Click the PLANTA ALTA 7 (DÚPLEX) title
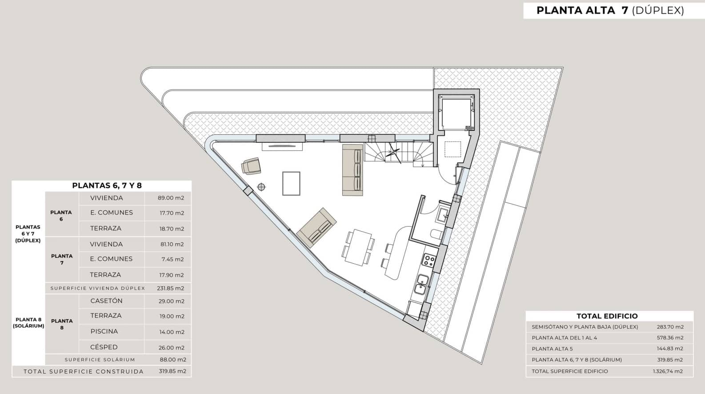[610, 10]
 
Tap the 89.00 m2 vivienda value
[171, 198]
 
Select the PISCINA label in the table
[104, 331]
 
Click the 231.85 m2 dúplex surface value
[171, 288]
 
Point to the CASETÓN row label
[106, 301]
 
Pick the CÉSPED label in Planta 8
[104, 347]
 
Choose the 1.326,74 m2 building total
[668, 371]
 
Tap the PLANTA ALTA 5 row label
[553, 349]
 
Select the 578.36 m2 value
[670, 338]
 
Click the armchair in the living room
[251, 166]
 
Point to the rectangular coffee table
[291, 183]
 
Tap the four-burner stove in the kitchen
[429, 261]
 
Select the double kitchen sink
[421, 285]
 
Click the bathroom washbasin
[444, 215]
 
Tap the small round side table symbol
[261, 187]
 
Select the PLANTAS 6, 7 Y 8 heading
[107, 185]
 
